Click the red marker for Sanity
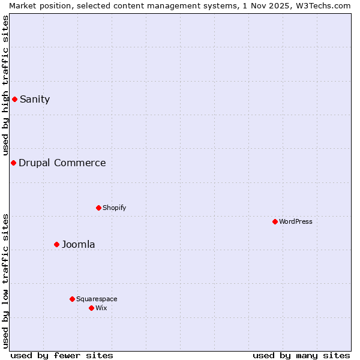(x=14, y=99)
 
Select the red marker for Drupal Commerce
(x=13, y=163)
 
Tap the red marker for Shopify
(x=98, y=208)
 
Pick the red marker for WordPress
(x=275, y=221)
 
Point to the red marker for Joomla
(x=56, y=244)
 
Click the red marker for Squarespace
(x=72, y=299)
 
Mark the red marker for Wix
(x=91, y=308)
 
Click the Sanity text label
(x=35, y=100)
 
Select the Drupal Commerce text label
(x=62, y=163)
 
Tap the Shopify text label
(x=114, y=208)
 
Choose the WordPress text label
(x=296, y=222)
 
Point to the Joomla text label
(x=79, y=245)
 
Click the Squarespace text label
(x=97, y=299)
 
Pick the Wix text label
(x=101, y=308)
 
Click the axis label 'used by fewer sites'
(x=62, y=355)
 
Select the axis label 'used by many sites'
(x=301, y=355)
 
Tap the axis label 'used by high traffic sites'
(x=5, y=85)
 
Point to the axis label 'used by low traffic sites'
(x=5, y=281)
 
